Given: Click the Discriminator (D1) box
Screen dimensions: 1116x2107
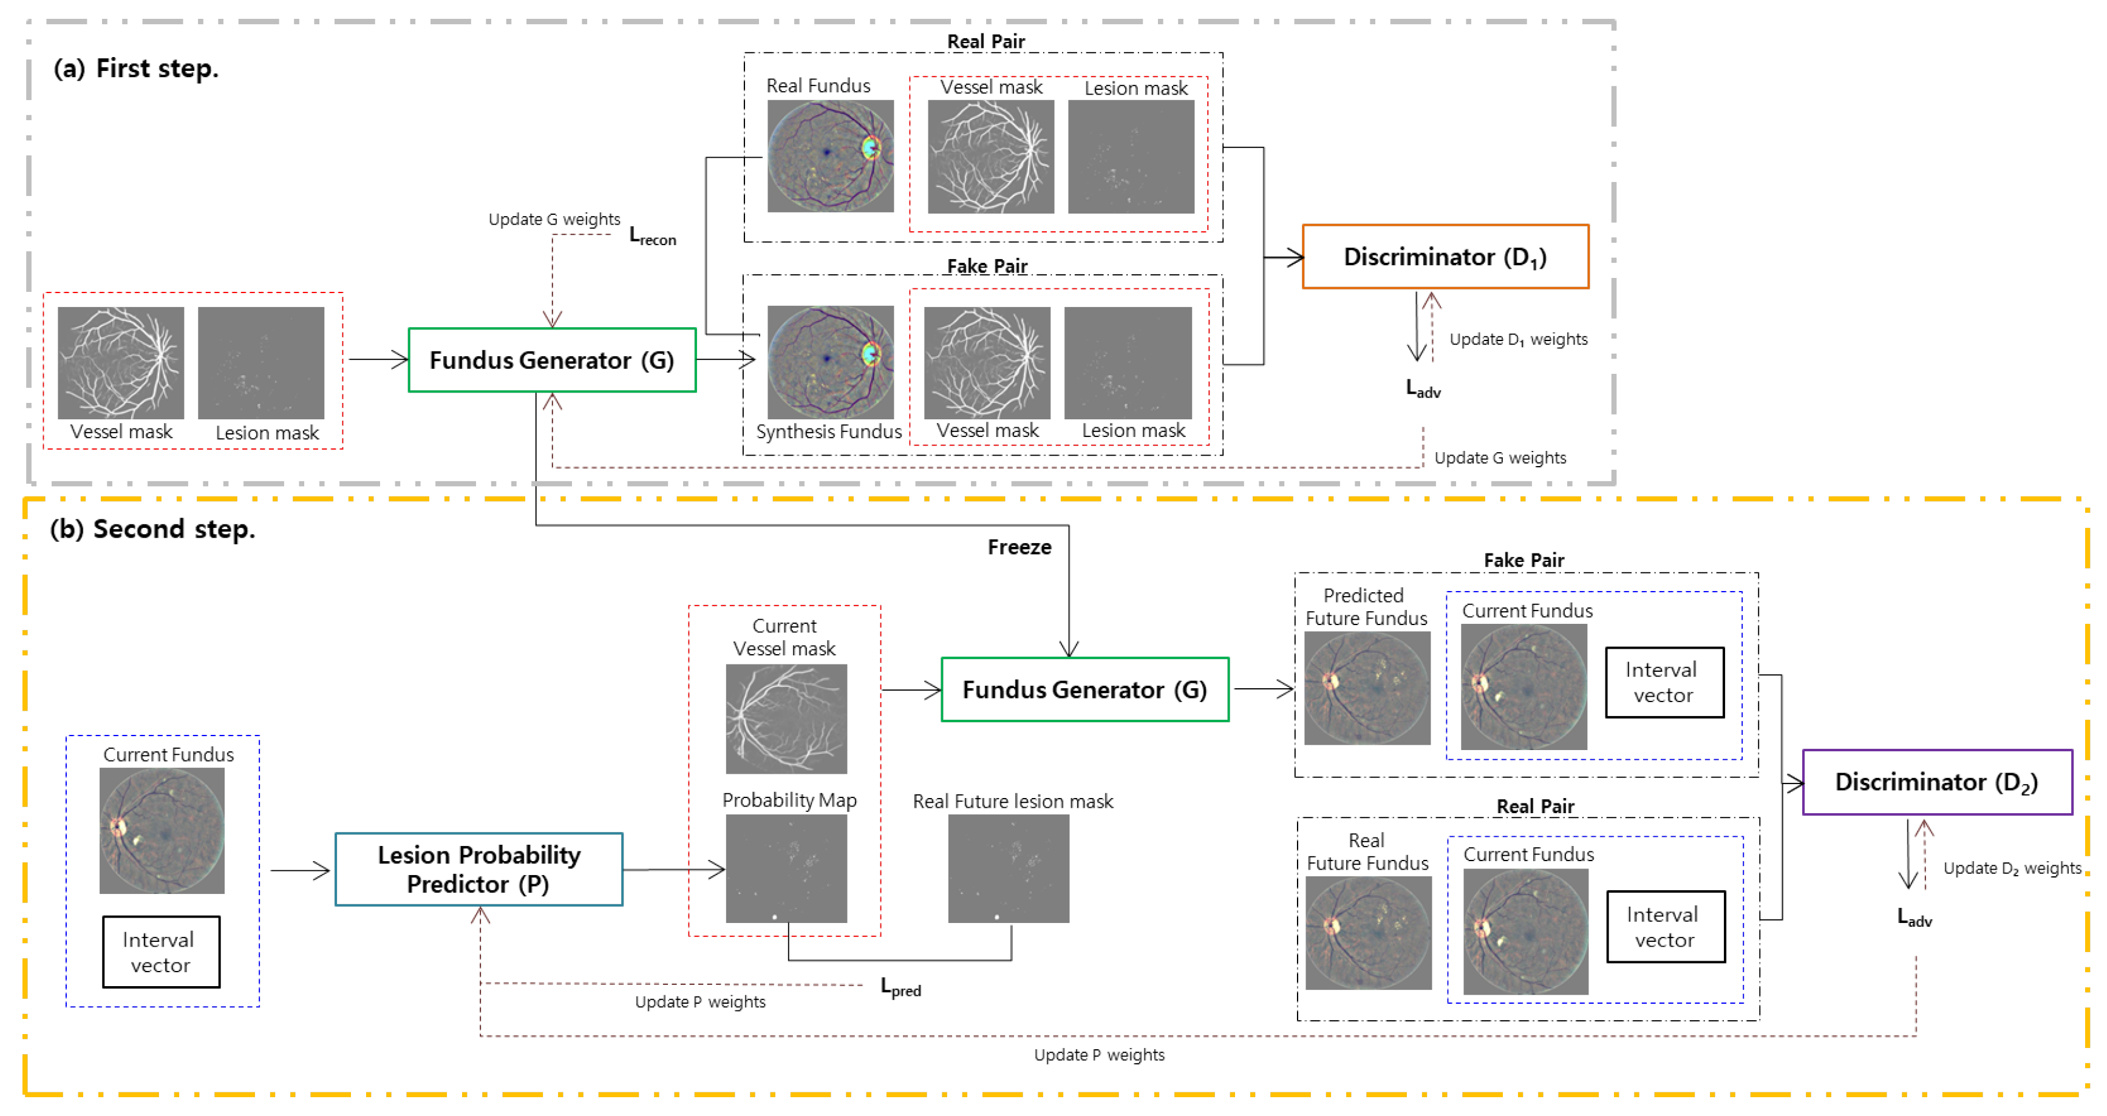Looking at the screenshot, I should coord(1445,257).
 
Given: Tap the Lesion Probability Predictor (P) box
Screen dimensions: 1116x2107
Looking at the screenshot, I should coord(478,869).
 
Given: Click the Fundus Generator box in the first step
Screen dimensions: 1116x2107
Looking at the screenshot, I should coord(552,360).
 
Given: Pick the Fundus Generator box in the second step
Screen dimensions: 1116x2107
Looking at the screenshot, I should coord(1084,689).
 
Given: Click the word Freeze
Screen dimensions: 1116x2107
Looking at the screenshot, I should coord(1019,547).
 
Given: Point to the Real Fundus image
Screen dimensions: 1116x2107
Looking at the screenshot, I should coord(829,156).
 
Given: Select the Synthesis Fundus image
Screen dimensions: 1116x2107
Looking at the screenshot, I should coord(829,362).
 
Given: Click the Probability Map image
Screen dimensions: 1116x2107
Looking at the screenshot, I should coord(786,868).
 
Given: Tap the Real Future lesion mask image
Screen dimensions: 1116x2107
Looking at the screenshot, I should coord(1008,868).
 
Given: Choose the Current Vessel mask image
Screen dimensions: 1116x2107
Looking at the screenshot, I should coord(786,719).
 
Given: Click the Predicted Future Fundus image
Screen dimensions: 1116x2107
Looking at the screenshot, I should coord(1367,688).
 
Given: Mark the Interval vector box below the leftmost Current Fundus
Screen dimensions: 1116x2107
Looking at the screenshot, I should coord(161,952).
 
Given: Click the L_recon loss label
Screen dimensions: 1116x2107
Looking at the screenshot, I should coord(652,236).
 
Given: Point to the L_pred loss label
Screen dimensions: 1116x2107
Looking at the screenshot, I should coord(900,987).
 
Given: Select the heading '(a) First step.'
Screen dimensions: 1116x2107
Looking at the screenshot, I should coord(136,69).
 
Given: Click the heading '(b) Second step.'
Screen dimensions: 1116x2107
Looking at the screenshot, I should coord(152,529).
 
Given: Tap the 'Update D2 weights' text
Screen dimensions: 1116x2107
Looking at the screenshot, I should coord(2011,868).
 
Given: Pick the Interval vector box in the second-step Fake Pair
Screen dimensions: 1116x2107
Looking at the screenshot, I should coord(1664,683).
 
